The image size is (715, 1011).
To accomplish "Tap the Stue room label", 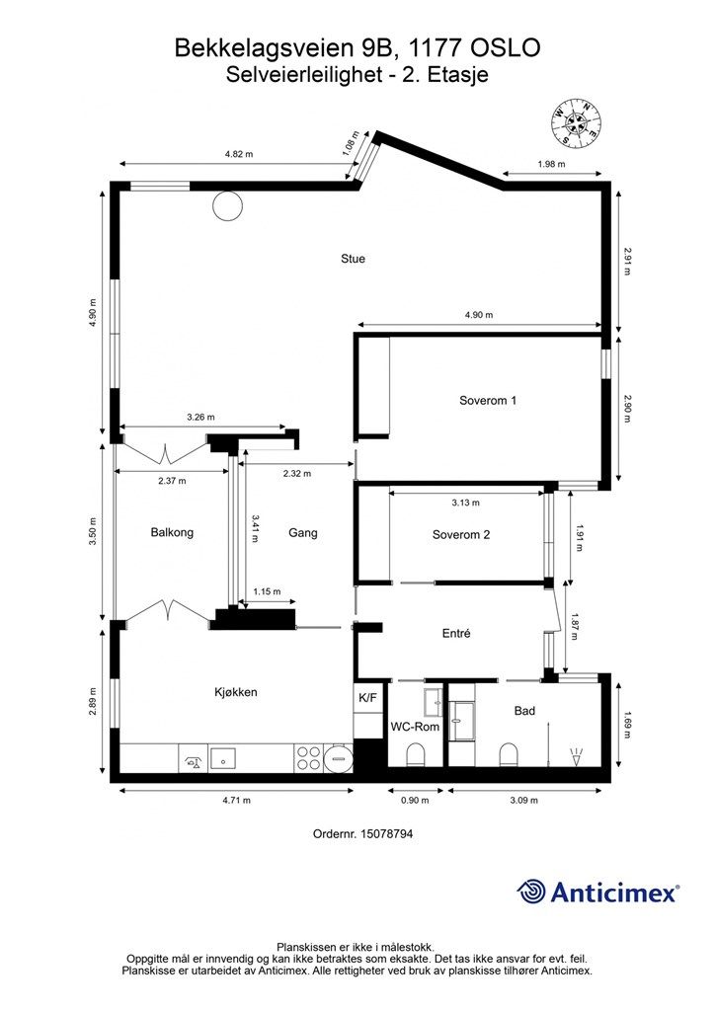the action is click(x=353, y=259).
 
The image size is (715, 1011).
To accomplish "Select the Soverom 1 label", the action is click(x=488, y=401).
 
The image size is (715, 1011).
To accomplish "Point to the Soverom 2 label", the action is click(x=461, y=534).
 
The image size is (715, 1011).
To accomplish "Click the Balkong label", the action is click(x=172, y=532).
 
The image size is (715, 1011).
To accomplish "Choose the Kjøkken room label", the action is click(x=236, y=692).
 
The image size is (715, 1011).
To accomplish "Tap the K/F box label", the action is click(x=368, y=698).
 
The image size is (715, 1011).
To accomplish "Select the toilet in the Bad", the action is click(x=510, y=755).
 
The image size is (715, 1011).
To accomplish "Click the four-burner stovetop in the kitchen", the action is click(x=308, y=757).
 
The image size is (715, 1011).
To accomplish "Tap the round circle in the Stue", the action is click(x=228, y=206).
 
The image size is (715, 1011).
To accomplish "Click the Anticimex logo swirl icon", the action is click(x=531, y=893).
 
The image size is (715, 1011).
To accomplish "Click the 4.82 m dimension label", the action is click(x=239, y=154).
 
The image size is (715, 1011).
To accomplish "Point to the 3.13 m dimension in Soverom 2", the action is click(x=465, y=503).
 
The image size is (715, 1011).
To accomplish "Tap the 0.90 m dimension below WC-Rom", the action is click(x=415, y=800).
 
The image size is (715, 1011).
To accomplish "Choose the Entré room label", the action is click(x=456, y=633).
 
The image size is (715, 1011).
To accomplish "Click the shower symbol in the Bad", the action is click(x=576, y=755).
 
